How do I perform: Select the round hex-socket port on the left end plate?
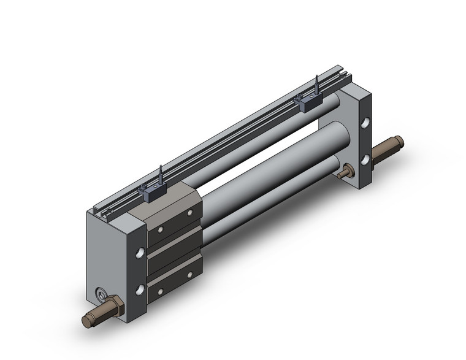[x=101, y=294]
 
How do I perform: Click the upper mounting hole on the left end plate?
[x=140, y=251]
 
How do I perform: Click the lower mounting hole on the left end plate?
[x=140, y=288]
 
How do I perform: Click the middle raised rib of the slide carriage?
[x=175, y=249]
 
